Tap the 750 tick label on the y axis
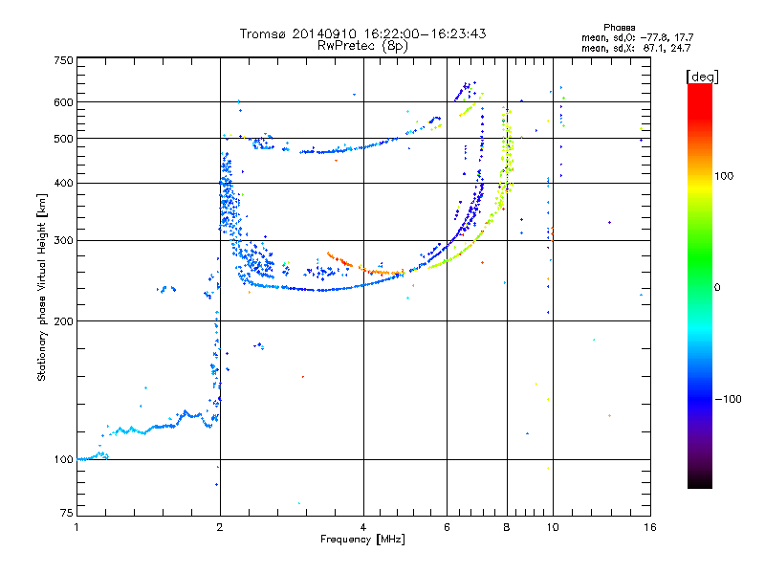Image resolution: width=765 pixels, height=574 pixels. point(63,60)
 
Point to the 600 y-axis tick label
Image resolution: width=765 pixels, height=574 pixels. point(63,102)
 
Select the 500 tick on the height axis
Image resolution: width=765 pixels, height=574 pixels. point(63,139)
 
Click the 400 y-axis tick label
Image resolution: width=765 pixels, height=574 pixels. point(63,183)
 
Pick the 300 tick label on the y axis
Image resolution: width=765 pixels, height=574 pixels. point(63,241)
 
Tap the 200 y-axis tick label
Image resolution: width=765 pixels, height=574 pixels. point(63,321)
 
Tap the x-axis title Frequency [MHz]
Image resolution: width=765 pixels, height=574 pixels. point(363,540)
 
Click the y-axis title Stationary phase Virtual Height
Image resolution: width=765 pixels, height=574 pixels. point(42,287)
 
